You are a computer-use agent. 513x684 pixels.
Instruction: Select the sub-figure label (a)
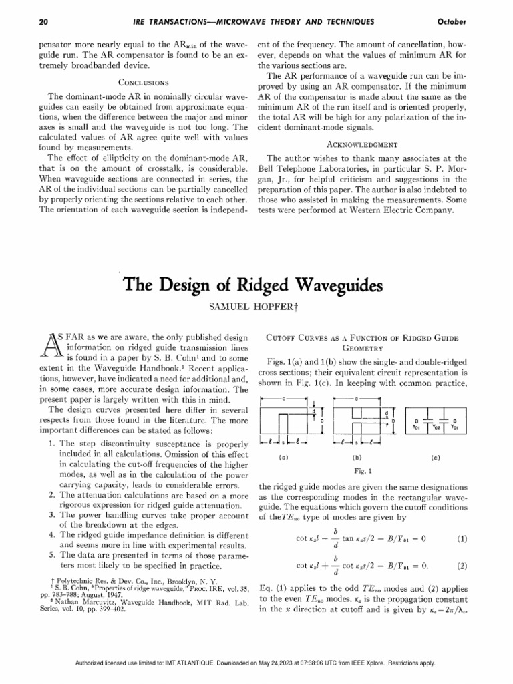(x=283, y=458)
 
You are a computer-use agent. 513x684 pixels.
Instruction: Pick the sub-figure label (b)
(x=356, y=458)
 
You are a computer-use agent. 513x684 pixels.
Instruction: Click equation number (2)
(x=461, y=566)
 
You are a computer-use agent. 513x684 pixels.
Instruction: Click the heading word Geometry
(x=362, y=348)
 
